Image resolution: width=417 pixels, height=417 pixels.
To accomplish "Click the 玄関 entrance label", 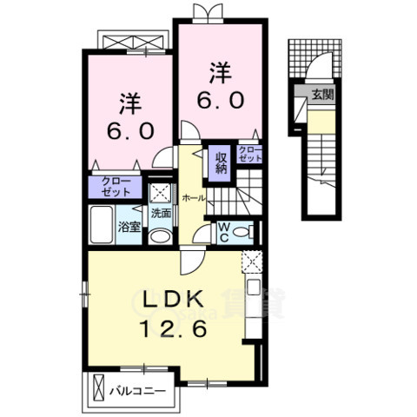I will click(x=321, y=95).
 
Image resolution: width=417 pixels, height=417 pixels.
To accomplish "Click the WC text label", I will click(x=222, y=230).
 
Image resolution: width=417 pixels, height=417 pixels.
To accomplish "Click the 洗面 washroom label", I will click(x=162, y=212).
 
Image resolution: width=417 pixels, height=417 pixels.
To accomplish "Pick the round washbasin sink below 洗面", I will click(x=160, y=236).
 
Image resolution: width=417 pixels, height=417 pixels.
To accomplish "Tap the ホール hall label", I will click(x=195, y=198).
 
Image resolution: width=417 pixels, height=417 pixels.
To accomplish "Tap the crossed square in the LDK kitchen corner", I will click(x=250, y=259).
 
